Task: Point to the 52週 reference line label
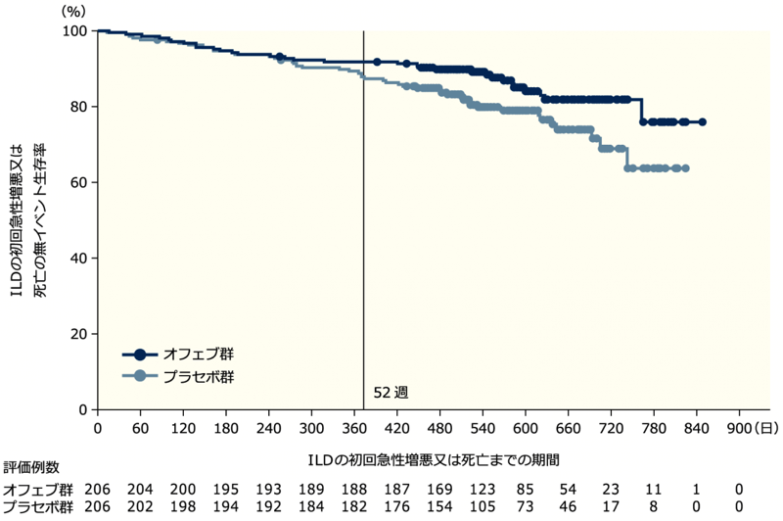point(390,392)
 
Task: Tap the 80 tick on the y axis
point(82,106)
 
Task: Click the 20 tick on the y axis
point(82,334)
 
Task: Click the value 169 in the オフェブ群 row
point(461,490)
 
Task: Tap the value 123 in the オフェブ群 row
point(504,490)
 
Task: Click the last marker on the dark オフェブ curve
point(703,122)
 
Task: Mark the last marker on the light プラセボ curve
point(685,168)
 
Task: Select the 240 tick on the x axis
point(247,428)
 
